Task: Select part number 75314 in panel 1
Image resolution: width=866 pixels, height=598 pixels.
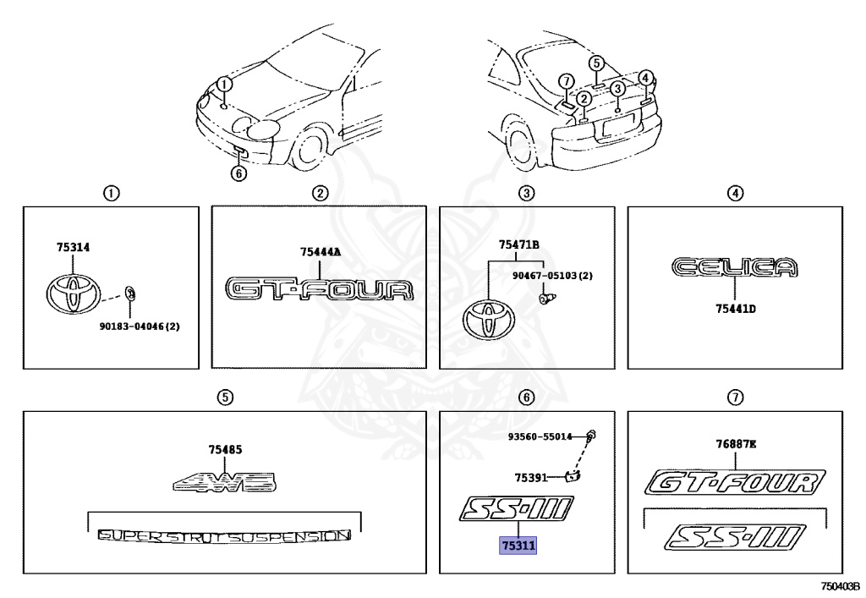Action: (74, 248)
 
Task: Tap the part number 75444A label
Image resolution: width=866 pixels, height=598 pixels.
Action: (321, 251)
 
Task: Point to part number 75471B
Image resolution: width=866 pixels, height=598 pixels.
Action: (519, 245)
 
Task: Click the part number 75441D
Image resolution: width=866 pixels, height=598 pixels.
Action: (734, 309)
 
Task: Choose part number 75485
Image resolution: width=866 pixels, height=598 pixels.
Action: (225, 450)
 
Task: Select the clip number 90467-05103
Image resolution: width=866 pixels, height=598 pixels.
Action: (551, 276)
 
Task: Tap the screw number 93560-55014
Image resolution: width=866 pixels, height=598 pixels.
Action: (540, 436)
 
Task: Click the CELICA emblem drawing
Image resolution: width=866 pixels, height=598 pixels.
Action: (734, 268)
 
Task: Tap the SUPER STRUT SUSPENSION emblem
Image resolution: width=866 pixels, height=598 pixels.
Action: (224, 535)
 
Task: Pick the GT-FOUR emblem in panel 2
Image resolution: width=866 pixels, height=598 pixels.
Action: (320, 288)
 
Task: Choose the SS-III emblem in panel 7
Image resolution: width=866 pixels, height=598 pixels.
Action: (734, 535)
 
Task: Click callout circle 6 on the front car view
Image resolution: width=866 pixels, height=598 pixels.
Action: (238, 173)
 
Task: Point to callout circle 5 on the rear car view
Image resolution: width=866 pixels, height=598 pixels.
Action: (596, 63)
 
